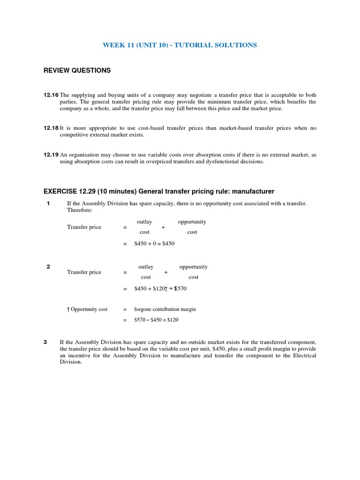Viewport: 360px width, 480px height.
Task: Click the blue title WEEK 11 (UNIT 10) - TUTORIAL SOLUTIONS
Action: pos(180,45)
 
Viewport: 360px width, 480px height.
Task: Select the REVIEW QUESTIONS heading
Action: pos(77,70)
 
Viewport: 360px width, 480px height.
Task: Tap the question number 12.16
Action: pos(51,95)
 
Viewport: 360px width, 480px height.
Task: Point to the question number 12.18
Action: pos(51,128)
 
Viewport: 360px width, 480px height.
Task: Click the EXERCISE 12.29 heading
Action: pos(158,191)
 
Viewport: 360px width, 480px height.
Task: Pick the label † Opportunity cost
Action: pos(87,309)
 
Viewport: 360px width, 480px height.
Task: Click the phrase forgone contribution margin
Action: pos(165,309)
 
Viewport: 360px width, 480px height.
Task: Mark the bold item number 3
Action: pos(45,342)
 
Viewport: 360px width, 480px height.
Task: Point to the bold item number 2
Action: pos(48,267)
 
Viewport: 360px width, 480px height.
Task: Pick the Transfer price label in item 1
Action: pos(84,227)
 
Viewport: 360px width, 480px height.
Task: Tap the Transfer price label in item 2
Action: pos(84,272)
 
